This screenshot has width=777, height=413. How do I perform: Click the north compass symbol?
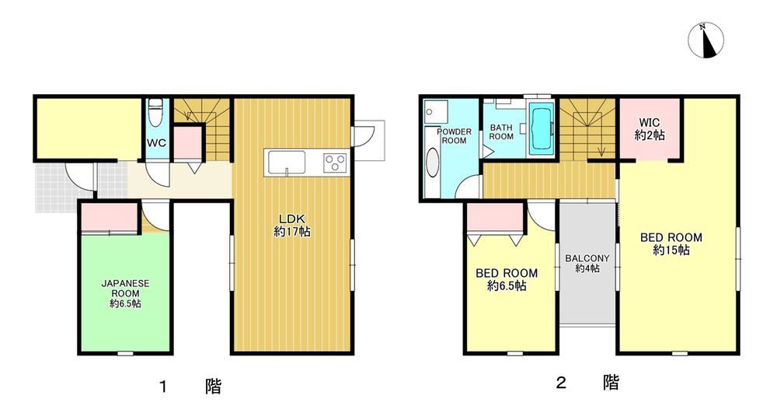[x=706, y=40]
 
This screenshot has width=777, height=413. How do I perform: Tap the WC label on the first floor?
[x=157, y=143]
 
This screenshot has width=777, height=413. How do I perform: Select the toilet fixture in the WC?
[x=157, y=110]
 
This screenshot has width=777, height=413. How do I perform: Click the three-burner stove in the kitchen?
[x=336, y=163]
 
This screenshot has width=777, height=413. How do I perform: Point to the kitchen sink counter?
[x=287, y=162]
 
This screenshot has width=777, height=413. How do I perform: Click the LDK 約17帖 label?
[x=292, y=225]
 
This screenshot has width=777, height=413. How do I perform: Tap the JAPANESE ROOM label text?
[x=125, y=293]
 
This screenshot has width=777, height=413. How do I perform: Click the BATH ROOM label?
[x=501, y=132]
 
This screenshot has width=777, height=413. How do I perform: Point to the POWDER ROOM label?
[x=454, y=136]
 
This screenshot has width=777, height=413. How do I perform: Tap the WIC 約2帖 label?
[x=649, y=128]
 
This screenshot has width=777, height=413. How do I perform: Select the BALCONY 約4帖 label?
[x=587, y=263]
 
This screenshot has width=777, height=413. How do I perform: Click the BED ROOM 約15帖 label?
[x=671, y=243]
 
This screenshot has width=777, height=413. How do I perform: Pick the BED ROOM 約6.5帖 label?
[x=507, y=279]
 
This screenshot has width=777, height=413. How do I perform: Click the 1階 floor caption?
[x=191, y=386]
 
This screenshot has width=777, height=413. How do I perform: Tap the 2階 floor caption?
[x=587, y=382]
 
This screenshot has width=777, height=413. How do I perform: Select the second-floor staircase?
[x=587, y=129]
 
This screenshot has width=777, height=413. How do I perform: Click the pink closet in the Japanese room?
[x=109, y=217]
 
